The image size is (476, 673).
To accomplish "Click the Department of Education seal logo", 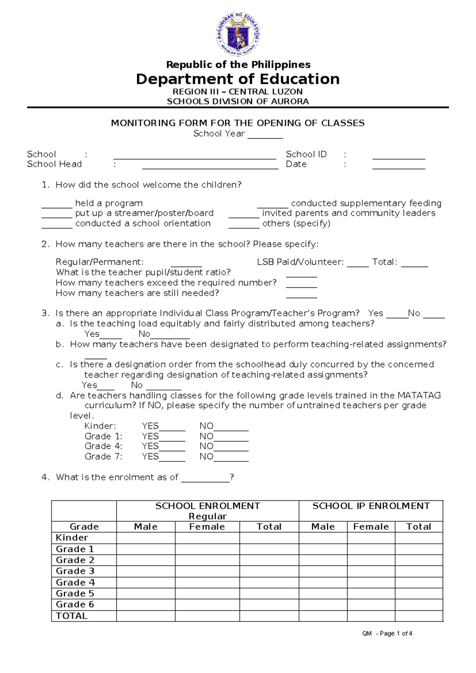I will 238,34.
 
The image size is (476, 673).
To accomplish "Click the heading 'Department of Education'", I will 238,79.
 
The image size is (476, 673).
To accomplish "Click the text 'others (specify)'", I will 296,223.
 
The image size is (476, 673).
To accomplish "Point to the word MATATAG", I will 419,395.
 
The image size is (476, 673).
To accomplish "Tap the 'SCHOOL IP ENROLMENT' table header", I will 370,506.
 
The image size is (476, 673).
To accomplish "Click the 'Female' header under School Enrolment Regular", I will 207,527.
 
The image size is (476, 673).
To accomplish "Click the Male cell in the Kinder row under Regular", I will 146,538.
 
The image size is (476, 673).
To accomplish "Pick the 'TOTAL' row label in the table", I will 71,616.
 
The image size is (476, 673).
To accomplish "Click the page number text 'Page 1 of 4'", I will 395,633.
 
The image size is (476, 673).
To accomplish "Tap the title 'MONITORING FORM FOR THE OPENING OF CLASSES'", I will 238,123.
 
